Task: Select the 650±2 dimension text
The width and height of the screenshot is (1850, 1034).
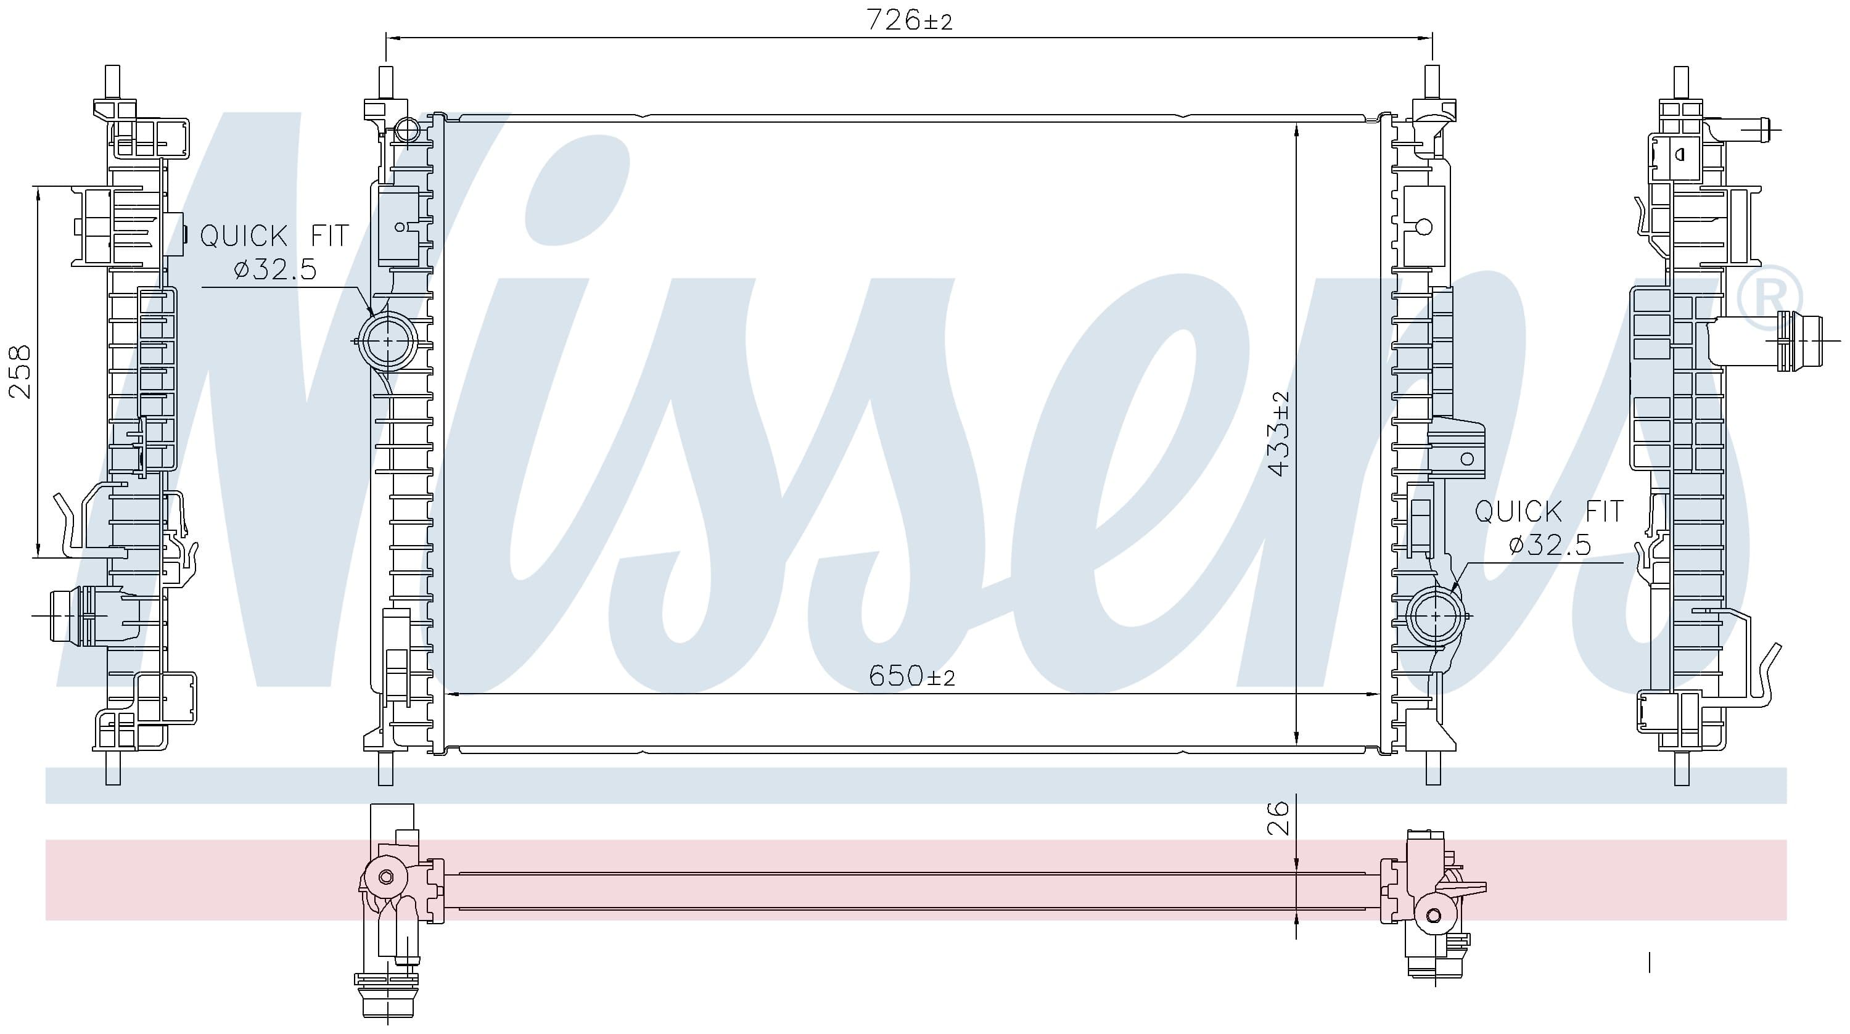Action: (912, 676)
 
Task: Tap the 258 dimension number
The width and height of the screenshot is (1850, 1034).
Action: (20, 371)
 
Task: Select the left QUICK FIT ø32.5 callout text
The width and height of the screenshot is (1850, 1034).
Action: (274, 252)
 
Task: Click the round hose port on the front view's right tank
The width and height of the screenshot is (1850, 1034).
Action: (1435, 616)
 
